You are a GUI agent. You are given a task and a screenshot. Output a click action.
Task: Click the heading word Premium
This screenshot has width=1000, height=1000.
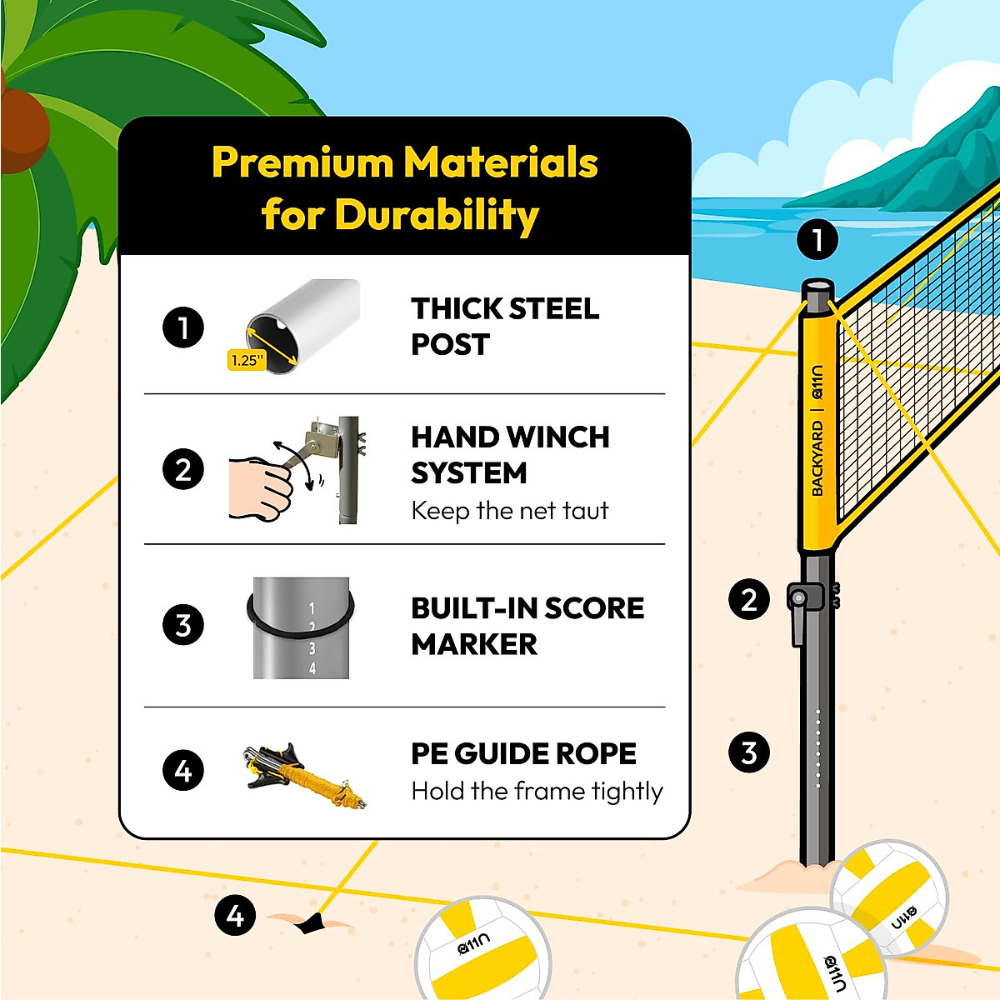click(x=302, y=163)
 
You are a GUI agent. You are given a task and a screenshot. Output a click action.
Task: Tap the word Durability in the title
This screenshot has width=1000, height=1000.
click(x=437, y=215)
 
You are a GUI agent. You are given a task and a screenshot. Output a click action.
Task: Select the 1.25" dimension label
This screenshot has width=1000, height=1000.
click(x=247, y=360)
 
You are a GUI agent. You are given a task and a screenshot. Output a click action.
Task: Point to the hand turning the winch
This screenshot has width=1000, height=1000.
click(x=261, y=487)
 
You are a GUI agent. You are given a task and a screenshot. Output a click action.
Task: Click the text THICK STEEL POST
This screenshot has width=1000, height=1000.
click(x=504, y=326)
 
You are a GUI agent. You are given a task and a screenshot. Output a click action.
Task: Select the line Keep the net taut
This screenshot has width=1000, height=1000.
click(x=510, y=510)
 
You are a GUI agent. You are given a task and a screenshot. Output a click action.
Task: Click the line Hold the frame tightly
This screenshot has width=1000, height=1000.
click(x=537, y=791)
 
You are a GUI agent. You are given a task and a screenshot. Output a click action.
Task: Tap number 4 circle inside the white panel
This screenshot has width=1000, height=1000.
click(x=183, y=770)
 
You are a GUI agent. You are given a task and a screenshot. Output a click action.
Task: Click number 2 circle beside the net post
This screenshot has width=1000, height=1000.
click(x=748, y=599)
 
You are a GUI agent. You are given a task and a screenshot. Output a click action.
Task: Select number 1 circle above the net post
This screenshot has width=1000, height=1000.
click(x=817, y=240)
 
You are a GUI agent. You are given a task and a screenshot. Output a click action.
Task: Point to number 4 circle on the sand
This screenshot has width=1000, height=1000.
click(x=235, y=916)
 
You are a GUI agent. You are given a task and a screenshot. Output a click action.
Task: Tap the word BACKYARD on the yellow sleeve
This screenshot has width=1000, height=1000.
click(x=817, y=458)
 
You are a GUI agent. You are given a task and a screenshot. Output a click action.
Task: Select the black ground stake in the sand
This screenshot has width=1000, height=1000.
click(x=313, y=922)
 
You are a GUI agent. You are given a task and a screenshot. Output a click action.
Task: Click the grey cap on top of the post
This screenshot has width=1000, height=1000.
click(x=817, y=290)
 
